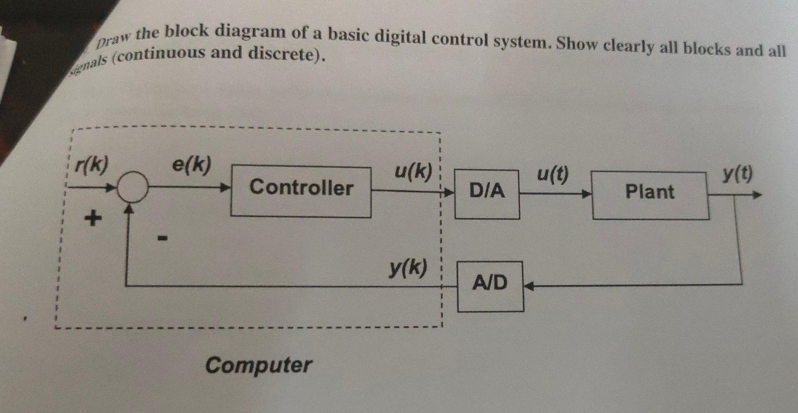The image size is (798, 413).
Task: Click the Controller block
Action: point(301,191)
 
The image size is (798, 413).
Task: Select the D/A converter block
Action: point(487,194)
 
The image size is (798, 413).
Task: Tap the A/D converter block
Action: point(490,286)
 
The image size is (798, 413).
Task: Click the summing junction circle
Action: point(132,188)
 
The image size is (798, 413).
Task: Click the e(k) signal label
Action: point(192,165)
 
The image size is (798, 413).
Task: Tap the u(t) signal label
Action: point(552,175)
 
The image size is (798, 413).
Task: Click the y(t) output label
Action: point(737,174)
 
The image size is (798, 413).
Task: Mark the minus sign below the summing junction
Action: point(162,238)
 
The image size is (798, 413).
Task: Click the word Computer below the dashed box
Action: point(259,365)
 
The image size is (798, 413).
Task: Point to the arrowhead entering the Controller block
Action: point(225,188)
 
